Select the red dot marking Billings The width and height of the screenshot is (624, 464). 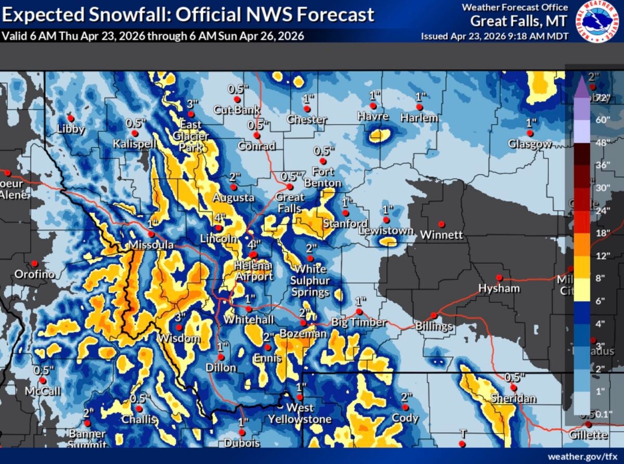click(x=434, y=315)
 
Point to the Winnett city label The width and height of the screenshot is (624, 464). click(x=441, y=235)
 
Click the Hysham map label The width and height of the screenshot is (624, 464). click(x=499, y=289)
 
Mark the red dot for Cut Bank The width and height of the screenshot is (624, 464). click(x=237, y=99)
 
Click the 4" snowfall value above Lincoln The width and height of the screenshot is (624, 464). click(x=220, y=217)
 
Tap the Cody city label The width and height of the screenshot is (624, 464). click(x=406, y=418)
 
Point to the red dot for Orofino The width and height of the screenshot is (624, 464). click(x=34, y=264)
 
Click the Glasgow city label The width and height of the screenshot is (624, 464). click(x=530, y=144)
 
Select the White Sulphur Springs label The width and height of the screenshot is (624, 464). click(x=310, y=280)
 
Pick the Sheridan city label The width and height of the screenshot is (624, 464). click(x=514, y=399)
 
